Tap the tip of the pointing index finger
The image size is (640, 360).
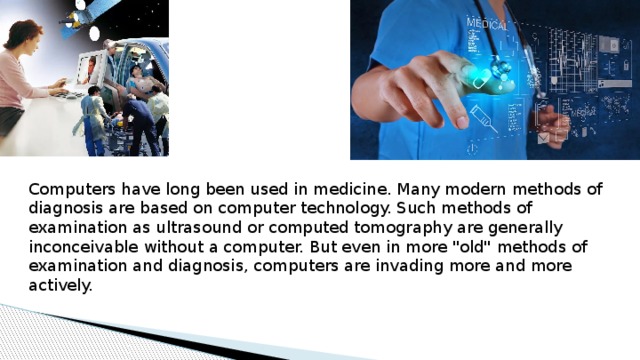[x=461, y=120]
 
